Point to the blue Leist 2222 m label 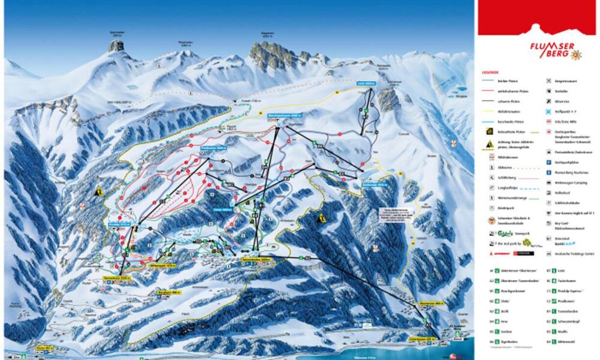click(366, 84)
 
